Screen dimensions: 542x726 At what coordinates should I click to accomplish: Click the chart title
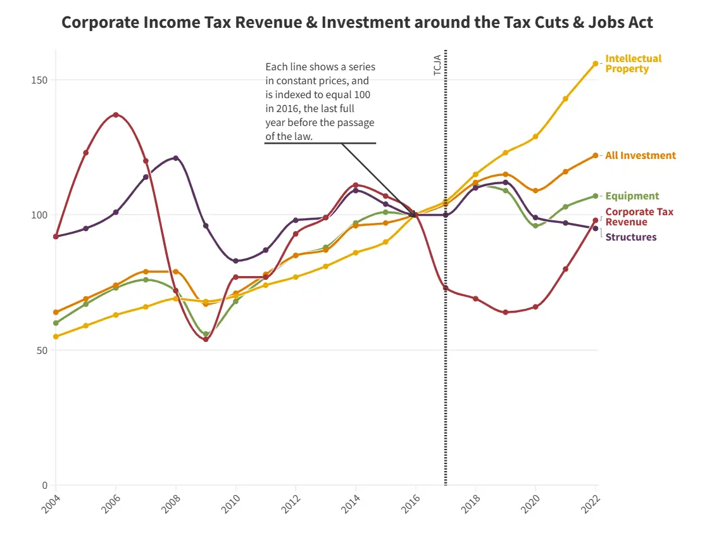pyautogui.click(x=358, y=23)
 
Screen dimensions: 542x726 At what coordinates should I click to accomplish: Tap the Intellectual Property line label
pyautogui.click(x=633, y=63)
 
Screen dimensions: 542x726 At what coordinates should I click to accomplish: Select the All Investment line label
pyautogui.click(x=640, y=156)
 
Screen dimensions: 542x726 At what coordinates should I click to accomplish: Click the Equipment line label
pyautogui.click(x=632, y=196)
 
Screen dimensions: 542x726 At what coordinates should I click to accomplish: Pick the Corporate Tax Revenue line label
pyautogui.click(x=639, y=217)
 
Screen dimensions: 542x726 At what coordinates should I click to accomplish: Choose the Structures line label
pyautogui.click(x=630, y=237)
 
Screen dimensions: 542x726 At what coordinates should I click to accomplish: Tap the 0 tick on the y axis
pyautogui.click(x=45, y=486)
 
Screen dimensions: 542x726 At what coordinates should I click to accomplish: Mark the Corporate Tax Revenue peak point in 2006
pyautogui.click(x=116, y=115)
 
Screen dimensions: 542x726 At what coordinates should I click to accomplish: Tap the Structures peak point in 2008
pyautogui.click(x=176, y=158)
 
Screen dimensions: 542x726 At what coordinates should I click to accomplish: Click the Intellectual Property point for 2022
pyautogui.click(x=596, y=63)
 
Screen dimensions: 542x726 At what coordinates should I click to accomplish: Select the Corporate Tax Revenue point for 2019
pyautogui.click(x=505, y=312)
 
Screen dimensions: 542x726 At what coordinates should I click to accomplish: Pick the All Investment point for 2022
pyautogui.click(x=596, y=155)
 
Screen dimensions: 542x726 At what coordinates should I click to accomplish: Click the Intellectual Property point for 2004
pyautogui.click(x=56, y=337)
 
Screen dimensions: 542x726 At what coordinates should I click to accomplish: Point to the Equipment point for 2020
pyautogui.click(x=535, y=225)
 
